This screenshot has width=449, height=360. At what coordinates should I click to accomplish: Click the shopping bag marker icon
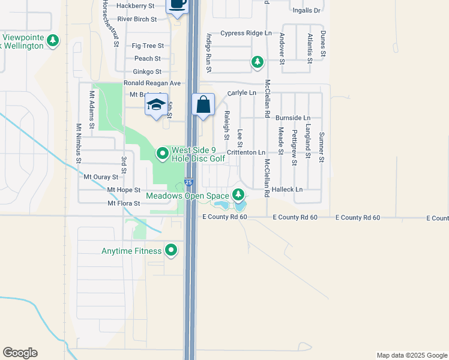tap(203, 104)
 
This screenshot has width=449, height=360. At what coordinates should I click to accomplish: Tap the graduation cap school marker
tap(155, 106)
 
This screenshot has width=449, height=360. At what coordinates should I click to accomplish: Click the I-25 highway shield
tap(189, 182)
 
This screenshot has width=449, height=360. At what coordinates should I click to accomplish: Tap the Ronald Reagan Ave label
tap(152, 83)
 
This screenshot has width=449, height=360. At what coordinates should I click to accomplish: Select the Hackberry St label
tap(136, 5)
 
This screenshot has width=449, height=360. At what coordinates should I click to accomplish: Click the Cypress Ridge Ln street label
tap(246, 33)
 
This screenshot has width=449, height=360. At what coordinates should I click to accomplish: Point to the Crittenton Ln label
tap(246, 153)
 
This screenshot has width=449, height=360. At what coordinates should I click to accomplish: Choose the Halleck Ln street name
tap(288, 190)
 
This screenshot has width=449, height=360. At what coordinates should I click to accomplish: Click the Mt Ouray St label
tap(101, 177)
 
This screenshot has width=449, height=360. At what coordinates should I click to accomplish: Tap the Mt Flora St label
tap(124, 204)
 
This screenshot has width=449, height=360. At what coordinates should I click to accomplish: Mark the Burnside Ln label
tap(293, 118)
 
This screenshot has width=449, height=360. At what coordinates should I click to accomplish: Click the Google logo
tap(20, 353)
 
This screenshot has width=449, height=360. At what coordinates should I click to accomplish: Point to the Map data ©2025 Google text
tap(411, 355)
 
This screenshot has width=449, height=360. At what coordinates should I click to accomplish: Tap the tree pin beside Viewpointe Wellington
tap(54, 41)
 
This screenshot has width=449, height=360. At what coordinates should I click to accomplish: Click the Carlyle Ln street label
tap(242, 93)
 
